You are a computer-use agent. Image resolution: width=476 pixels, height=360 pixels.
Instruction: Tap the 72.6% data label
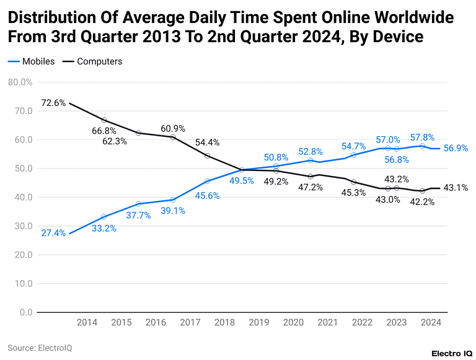pyautogui.click(x=53, y=103)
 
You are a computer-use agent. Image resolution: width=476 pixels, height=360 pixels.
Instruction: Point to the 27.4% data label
pyautogui.click(x=53, y=233)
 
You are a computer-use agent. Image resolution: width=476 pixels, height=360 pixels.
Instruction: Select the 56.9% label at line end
pyautogui.click(x=456, y=149)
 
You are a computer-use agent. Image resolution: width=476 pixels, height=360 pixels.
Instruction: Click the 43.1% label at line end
pyautogui.click(x=456, y=188)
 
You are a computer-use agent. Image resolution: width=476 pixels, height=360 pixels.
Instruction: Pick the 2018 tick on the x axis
pyautogui.click(x=224, y=322)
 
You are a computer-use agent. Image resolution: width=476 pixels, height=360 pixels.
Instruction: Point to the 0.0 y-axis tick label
pyautogui.click(x=25, y=312)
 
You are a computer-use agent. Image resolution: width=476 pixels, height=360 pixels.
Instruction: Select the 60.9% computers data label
pyautogui.click(x=173, y=128)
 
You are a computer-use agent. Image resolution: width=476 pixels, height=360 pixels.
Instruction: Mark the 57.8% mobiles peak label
pyautogui.click(x=422, y=137)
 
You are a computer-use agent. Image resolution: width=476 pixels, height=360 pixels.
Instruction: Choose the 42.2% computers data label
pyautogui.click(x=422, y=201)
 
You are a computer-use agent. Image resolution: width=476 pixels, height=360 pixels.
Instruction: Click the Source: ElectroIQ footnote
pyautogui.click(x=40, y=348)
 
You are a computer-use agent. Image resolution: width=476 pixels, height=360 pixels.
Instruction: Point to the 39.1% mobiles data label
pyautogui.click(x=173, y=211)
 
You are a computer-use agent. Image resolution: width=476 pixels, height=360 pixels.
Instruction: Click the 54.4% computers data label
pyautogui.click(x=207, y=143)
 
